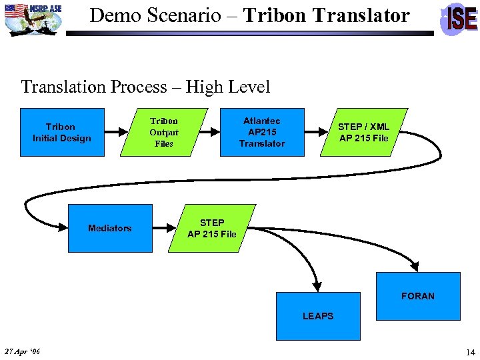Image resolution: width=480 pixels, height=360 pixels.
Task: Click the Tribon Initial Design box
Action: click(x=62, y=132)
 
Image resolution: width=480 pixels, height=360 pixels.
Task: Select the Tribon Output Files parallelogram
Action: click(x=163, y=132)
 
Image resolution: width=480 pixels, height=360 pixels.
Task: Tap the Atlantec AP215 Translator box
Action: click(x=262, y=132)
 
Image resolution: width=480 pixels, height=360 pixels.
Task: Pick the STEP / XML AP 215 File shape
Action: click(x=363, y=132)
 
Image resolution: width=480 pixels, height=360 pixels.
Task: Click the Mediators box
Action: click(x=110, y=228)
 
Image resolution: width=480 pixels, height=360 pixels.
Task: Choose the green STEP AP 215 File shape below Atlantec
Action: click(x=211, y=228)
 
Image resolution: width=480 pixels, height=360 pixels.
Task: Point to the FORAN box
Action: click(x=418, y=296)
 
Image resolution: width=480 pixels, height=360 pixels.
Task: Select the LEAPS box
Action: click(x=318, y=316)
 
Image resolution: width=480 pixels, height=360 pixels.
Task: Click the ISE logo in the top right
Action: click(x=460, y=18)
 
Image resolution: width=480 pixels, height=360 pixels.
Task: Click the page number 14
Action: click(x=470, y=352)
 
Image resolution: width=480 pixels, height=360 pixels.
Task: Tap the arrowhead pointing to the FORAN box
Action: click(x=418, y=267)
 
